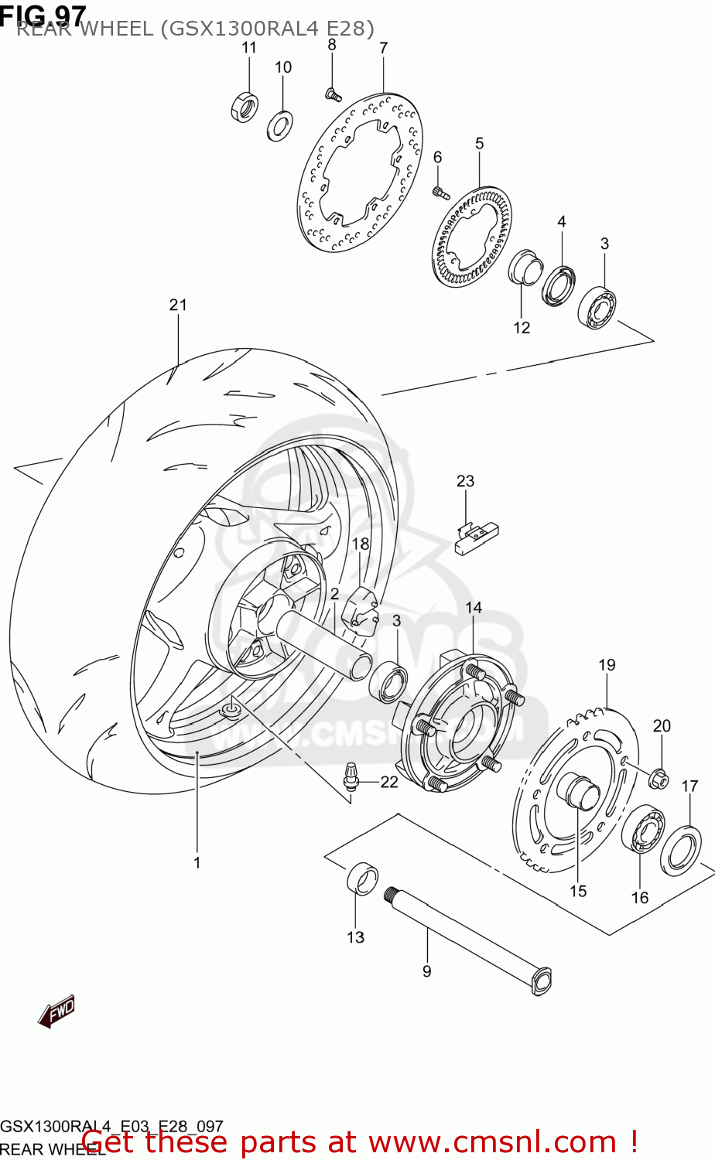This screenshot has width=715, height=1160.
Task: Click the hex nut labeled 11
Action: tap(245, 106)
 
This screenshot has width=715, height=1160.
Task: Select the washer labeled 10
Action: tap(279, 126)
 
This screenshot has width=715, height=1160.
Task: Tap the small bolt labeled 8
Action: tap(333, 95)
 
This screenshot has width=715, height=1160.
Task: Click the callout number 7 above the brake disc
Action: tap(383, 48)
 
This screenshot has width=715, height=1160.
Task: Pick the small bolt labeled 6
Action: tap(440, 191)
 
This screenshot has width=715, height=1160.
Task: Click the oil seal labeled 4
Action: tap(559, 285)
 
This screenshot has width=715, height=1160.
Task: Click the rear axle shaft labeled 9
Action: tap(468, 939)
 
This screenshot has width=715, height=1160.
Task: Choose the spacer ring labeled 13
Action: tap(361, 879)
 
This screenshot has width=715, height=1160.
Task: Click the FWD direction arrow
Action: tap(57, 1010)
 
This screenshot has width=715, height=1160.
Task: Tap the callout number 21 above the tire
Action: tap(178, 305)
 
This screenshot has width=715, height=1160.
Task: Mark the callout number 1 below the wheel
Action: tap(197, 862)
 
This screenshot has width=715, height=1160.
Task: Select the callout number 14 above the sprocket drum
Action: tap(474, 608)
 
